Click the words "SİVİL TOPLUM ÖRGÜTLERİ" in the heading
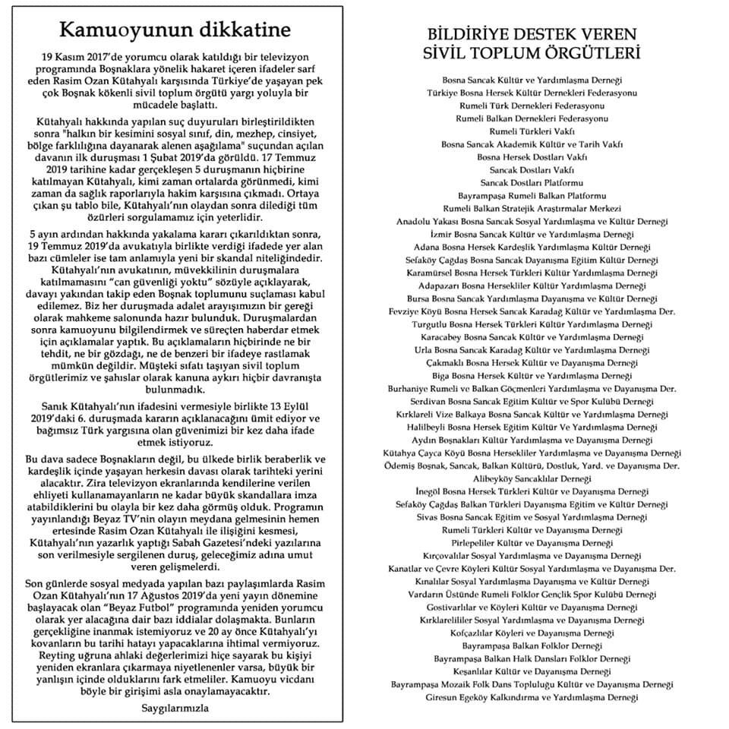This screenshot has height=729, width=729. pos(531,55)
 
